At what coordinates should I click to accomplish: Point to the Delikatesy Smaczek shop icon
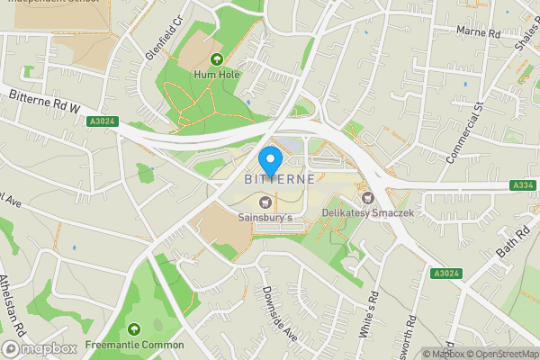click(366, 197)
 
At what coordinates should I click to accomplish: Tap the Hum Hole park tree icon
click(216, 59)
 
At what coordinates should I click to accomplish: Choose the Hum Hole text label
click(217, 75)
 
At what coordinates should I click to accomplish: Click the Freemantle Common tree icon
click(134, 329)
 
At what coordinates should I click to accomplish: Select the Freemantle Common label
click(134, 345)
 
